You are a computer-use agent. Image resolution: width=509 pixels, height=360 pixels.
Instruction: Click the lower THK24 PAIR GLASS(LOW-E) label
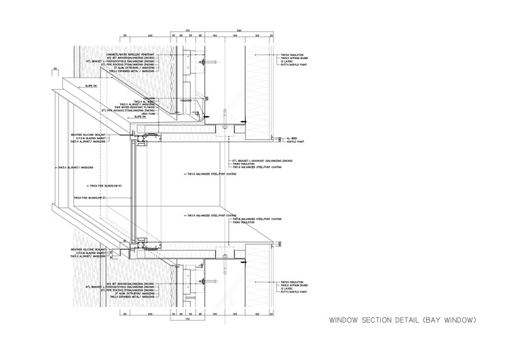point(89,198)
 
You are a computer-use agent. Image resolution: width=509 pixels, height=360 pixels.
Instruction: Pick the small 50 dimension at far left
point(54,68)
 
